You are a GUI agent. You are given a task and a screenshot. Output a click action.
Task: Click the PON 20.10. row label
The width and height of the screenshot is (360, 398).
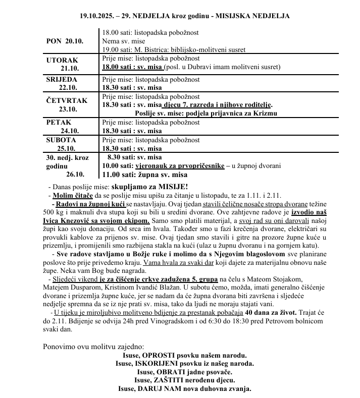65,41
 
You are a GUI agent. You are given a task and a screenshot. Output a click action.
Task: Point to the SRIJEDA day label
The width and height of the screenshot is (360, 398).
62,80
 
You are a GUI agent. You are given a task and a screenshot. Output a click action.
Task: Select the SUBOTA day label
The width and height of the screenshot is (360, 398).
61,140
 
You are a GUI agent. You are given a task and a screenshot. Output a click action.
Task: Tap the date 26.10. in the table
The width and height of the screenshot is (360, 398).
75,175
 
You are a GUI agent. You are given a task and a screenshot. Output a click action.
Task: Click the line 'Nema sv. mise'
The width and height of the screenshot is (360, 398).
123,41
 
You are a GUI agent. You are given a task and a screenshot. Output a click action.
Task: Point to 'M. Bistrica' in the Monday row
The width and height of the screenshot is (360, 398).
156,49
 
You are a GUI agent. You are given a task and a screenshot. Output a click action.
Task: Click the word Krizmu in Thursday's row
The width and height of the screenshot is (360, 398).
265,113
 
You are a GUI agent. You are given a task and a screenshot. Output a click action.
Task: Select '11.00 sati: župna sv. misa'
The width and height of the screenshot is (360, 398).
144,175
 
